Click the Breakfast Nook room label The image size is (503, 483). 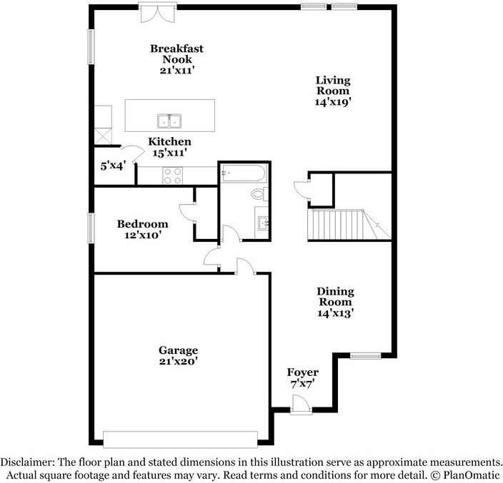coord(176,54)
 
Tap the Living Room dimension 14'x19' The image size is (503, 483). coord(333,102)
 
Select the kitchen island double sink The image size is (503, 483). coord(169,121)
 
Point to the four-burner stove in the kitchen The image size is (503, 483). coord(173,176)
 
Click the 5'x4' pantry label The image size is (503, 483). coord(113,166)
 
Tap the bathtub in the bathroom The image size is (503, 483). coord(244,173)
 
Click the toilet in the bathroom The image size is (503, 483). coord(259,194)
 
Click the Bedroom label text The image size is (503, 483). coord(142,223)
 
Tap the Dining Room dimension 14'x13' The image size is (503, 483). coord(336,313)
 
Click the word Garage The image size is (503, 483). coord(178,350)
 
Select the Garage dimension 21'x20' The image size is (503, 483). coord(178,361)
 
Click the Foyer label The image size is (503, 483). coord(302,372)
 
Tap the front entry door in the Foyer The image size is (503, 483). coord(302,405)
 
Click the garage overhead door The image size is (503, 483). coord(180,439)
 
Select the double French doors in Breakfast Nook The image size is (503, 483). coord(157,13)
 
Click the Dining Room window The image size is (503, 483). coord(365,355)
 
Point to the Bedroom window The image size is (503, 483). coord(91,228)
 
